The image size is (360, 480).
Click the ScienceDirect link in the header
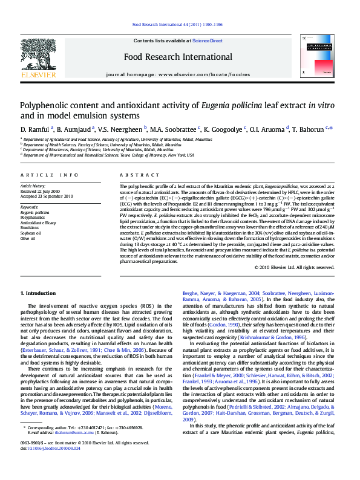(208, 41)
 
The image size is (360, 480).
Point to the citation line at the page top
(177, 24)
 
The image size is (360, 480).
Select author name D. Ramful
(35, 129)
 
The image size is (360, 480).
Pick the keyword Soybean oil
(31, 232)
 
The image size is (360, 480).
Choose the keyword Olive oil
(28, 238)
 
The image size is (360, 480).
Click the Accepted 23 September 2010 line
(47, 196)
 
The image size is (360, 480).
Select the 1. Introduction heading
(38, 293)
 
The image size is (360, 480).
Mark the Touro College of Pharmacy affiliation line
(110, 155)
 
